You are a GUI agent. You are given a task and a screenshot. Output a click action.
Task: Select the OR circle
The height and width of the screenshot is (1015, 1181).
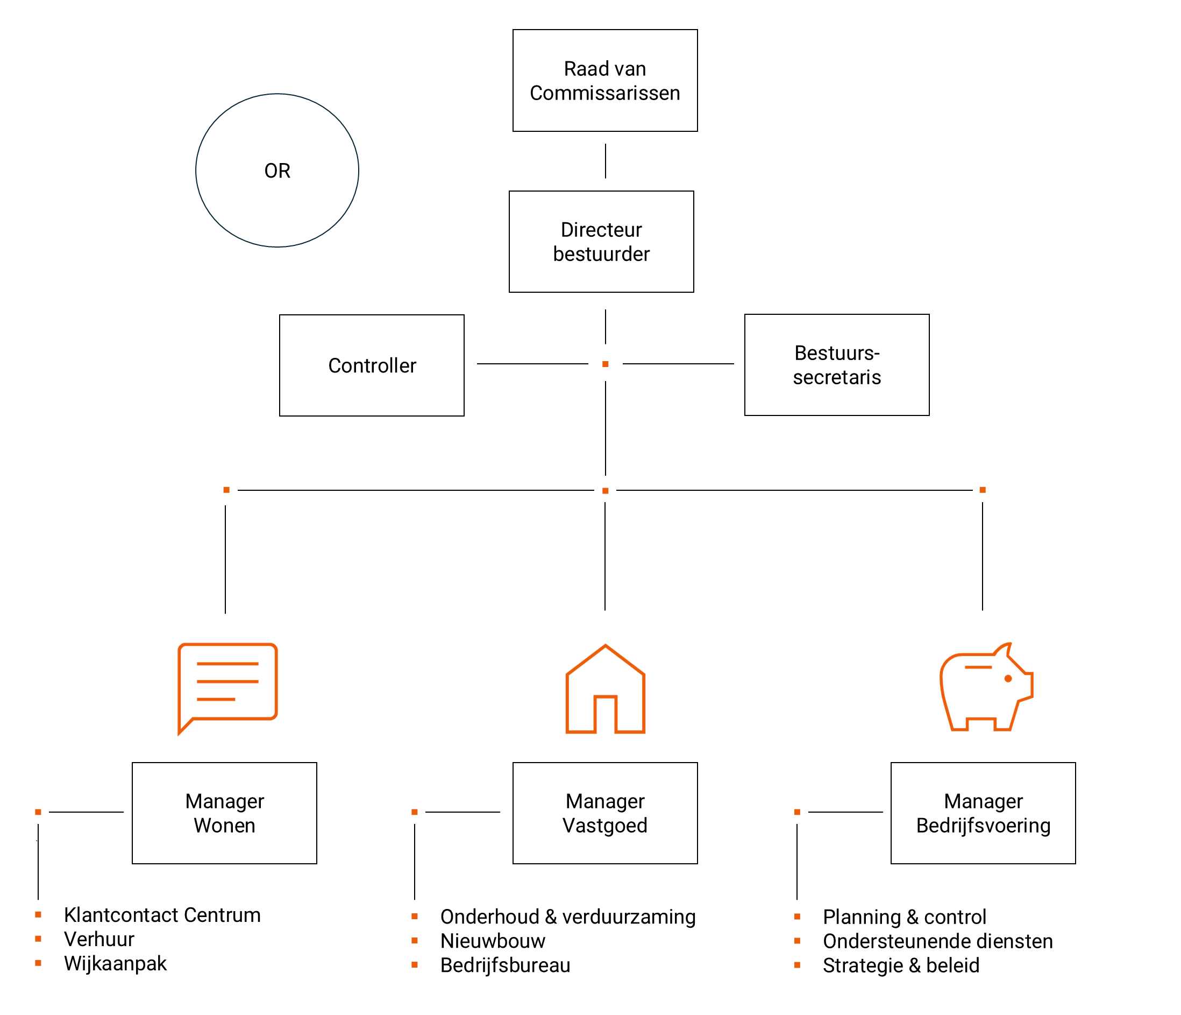[277, 171]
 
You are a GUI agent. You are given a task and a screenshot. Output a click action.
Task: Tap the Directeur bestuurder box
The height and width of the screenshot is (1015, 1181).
[601, 242]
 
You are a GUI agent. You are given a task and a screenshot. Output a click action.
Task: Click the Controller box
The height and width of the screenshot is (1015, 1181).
[372, 365]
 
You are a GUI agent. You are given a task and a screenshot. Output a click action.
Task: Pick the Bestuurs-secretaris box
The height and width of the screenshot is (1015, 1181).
[836, 365]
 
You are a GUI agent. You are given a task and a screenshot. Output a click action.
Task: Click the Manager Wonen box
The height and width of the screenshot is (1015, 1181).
[224, 813]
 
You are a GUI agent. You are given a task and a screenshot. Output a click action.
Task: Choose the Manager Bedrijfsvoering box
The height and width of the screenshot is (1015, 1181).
[983, 813]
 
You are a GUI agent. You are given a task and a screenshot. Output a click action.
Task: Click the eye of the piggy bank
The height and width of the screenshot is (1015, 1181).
[1008, 679]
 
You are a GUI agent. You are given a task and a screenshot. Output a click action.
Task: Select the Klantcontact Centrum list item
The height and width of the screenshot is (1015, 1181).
[162, 915]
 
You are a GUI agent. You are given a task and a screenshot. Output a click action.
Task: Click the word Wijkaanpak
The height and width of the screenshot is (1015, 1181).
[115, 964]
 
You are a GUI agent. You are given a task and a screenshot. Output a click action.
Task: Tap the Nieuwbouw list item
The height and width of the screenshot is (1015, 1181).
[493, 941]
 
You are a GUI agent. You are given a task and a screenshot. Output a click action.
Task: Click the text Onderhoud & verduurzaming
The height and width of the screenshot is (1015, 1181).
[568, 917]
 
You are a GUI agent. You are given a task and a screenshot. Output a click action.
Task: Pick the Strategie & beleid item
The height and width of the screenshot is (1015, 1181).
[901, 965]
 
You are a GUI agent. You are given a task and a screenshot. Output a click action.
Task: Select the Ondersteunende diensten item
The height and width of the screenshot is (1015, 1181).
[937, 941]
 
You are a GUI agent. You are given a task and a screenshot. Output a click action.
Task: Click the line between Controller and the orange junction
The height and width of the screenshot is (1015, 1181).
[532, 364]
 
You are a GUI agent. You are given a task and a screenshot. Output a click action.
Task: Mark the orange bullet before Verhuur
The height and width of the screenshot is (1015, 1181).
[38, 939]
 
